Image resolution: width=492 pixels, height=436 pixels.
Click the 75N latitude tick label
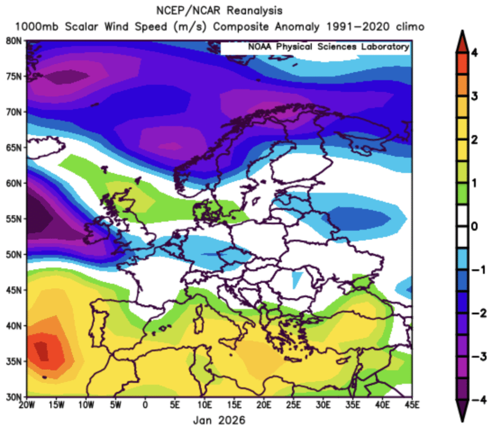pos(16,76)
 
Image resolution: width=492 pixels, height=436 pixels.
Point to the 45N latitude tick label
pos(16,290)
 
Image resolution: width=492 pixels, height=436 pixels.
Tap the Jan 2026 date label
pos(219,421)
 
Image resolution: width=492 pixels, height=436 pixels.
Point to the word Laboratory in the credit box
pos(384,47)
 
